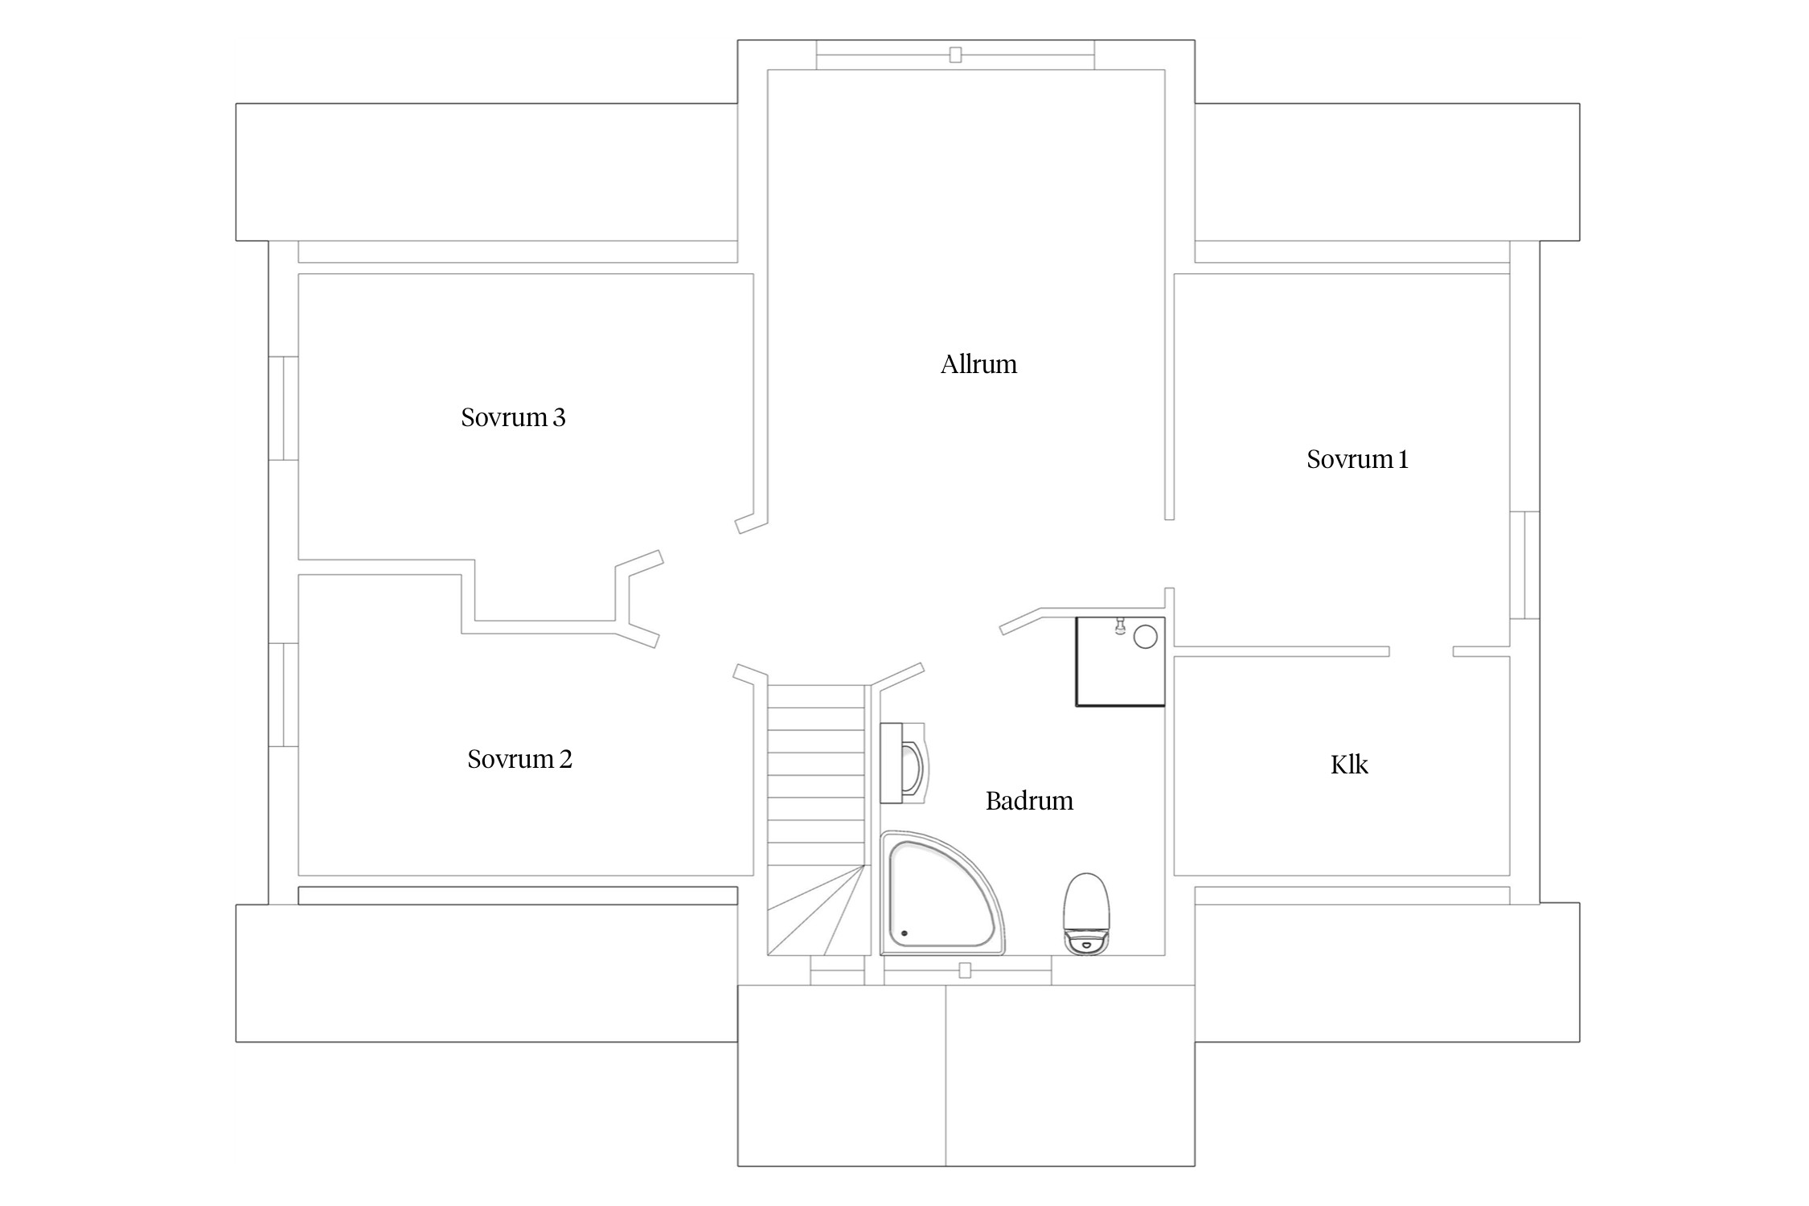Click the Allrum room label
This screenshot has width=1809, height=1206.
pyautogui.click(x=978, y=364)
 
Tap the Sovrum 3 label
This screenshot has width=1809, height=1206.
pyautogui.click(x=513, y=417)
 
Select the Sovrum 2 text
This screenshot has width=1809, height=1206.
pyautogui.click(x=519, y=759)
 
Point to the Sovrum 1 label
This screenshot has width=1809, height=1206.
pyautogui.click(x=1357, y=459)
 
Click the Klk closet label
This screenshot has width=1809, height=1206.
pyautogui.click(x=1349, y=764)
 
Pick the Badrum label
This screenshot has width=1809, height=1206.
pyautogui.click(x=1029, y=801)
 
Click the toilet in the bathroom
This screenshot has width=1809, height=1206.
pyautogui.click(x=1087, y=913)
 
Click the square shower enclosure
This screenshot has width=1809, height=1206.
pyautogui.click(x=1121, y=662)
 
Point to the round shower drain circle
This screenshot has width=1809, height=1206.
pyautogui.click(x=1145, y=638)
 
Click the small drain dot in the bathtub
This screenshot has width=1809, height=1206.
pyautogui.click(x=904, y=933)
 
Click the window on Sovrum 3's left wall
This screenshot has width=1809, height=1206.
pyautogui.click(x=283, y=408)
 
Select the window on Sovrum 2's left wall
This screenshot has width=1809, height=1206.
pyautogui.click(x=283, y=695)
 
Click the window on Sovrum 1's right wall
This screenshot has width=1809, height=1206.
pyautogui.click(x=1524, y=565)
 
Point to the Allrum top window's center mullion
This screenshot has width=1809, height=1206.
pyautogui.click(x=955, y=55)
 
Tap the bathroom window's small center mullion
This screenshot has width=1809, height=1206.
pyautogui.click(x=965, y=971)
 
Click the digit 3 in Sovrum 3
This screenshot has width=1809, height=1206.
pyautogui.click(x=559, y=418)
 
